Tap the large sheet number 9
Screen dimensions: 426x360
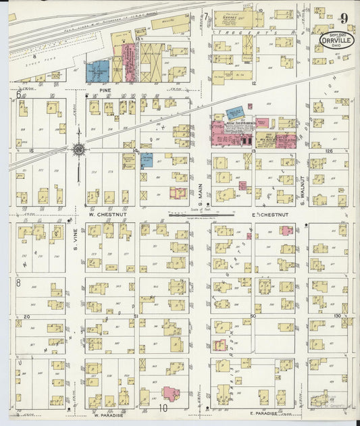pos(344,18)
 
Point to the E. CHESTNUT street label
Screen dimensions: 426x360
pos(263,215)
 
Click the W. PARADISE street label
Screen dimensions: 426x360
pos(106,415)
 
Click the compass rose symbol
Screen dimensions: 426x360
pos(78,149)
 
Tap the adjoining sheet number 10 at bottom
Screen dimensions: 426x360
pos(162,408)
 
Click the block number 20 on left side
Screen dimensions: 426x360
pos(28,316)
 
